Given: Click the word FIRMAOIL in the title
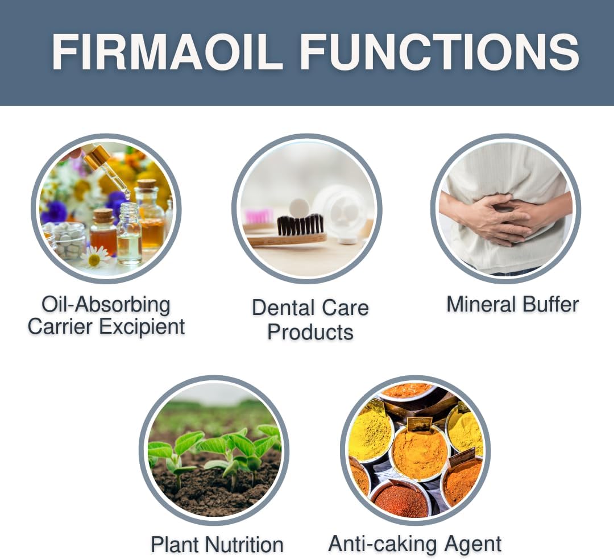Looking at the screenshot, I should click(167, 52).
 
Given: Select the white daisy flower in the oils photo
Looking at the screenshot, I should click(94, 258).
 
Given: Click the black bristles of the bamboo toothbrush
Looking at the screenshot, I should click(300, 225).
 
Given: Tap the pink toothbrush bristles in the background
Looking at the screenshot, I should click(259, 216).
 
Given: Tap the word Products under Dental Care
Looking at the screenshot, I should click(310, 332).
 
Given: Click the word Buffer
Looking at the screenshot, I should click(551, 304).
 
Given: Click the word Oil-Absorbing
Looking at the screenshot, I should click(106, 305).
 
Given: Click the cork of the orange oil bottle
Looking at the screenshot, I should click(103, 215).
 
